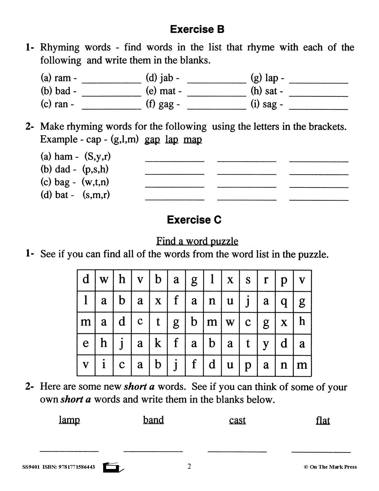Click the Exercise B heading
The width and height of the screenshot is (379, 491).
click(197, 29)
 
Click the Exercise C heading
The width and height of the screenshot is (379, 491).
click(194, 220)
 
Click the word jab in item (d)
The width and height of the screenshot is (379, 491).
click(166, 78)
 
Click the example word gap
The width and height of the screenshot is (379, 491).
click(152, 139)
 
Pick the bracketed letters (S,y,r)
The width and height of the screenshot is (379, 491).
click(97, 156)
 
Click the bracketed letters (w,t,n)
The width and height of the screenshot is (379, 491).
click(95, 182)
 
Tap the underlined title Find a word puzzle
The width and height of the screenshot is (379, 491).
click(197, 241)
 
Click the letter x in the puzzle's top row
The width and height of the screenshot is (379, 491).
click(230, 280)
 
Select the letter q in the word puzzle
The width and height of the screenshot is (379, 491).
click(284, 301)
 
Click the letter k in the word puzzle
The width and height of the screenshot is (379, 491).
click(158, 343)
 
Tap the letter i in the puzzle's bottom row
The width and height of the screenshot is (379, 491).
click(104, 365)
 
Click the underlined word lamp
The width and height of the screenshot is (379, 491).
click(69, 420)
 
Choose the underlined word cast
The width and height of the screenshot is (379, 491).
click(237, 420)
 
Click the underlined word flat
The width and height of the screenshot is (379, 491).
click(323, 420)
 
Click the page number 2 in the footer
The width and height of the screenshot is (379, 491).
click(189, 466)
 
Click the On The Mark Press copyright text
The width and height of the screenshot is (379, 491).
click(330, 467)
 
